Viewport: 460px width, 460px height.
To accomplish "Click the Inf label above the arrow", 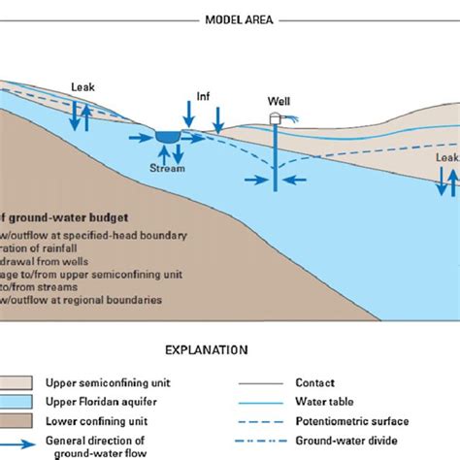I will pos(203,95).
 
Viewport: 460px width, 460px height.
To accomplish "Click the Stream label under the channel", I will pos(168,167).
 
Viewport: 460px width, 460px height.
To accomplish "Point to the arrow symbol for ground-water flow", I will pos(20,443).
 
